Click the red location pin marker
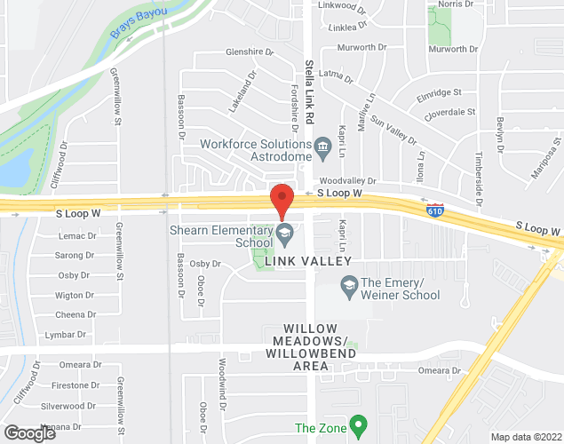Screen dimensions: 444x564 pyautogui.click(x=282, y=201)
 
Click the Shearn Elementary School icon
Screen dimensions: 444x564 pyautogui.click(x=285, y=235)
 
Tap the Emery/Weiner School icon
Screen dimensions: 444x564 pyautogui.click(x=349, y=285)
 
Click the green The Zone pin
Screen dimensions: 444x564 pyautogui.click(x=358, y=427)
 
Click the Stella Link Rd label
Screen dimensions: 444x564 pyautogui.click(x=309, y=94)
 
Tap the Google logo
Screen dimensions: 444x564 pyautogui.click(x=30, y=432)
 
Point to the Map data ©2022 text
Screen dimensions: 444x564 pyautogui.click(x=527, y=437)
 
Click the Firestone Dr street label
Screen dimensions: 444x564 pyautogui.click(x=75, y=385)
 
